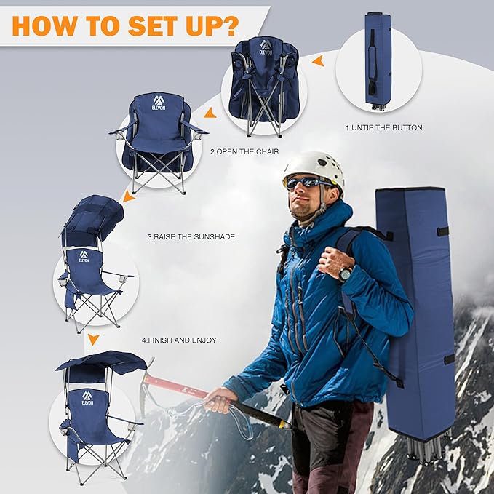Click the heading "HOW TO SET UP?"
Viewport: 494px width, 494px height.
(x=125, y=24)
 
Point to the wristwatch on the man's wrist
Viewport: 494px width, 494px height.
(x=345, y=274)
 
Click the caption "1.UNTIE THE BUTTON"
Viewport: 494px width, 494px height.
(x=383, y=128)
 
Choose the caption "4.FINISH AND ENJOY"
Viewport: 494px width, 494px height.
(x=178, y=340)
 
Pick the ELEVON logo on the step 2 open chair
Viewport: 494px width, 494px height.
(x=159, y=103)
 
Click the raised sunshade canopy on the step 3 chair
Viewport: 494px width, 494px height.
(x=94, y=218)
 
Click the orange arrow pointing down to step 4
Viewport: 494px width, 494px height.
(x=93, y=340)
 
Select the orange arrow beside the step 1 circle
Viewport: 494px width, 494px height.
(x=318, y=63)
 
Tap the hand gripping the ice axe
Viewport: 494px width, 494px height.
(x=218, y=398)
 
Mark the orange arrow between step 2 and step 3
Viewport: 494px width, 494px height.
(x=129, y=196)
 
